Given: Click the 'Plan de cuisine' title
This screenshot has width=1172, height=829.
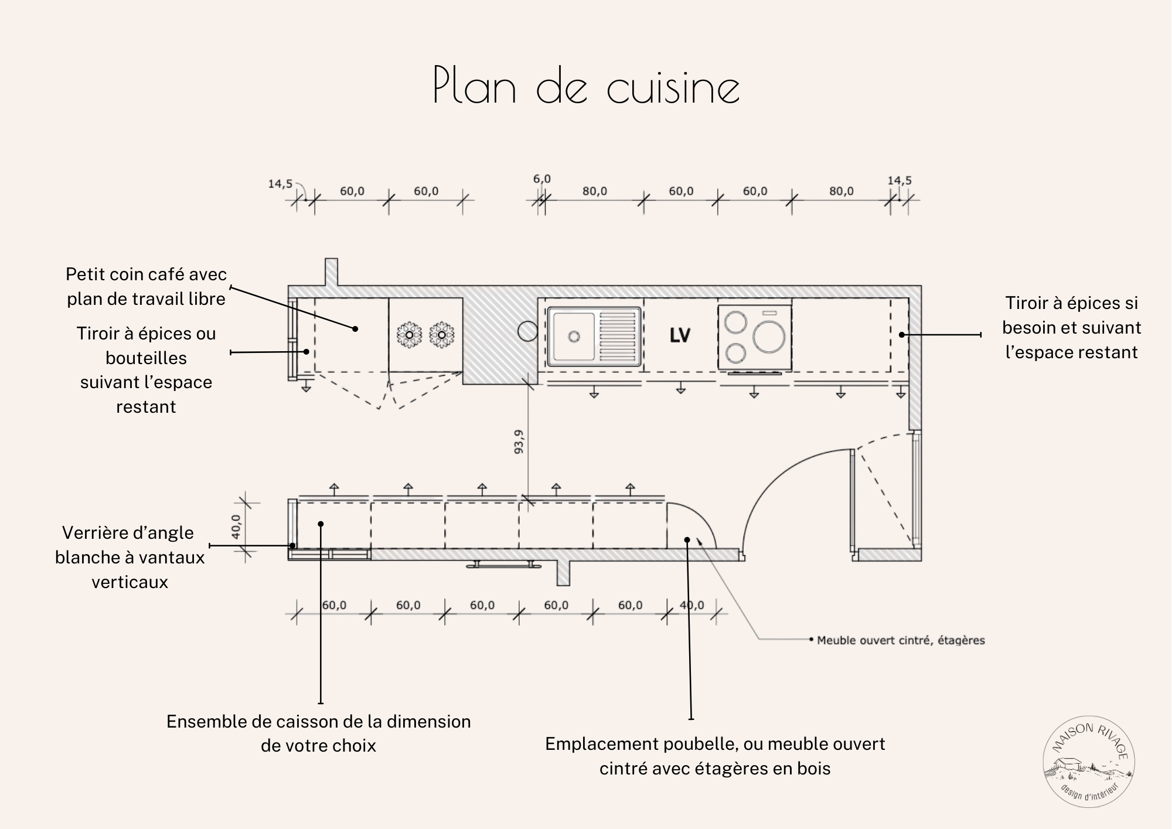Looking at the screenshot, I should (x=586, y=87).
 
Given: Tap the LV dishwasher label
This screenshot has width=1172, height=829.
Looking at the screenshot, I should (x=680, y=335).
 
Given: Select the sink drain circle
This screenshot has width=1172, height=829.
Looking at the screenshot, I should (x=574, y=336).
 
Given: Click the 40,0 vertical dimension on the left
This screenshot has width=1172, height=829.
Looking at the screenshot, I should (x=236, y=526).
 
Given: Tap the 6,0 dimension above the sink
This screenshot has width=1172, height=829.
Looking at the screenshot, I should (x=541, y=179).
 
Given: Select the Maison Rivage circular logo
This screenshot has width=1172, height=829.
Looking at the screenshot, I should (x=1089, y=762).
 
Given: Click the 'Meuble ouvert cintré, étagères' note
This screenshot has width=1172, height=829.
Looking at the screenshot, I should (x=901, y=640).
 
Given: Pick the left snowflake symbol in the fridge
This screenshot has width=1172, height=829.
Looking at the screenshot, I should (x=409, y=335).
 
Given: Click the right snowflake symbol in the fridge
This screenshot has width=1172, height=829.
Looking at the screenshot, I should (x=442, y=335).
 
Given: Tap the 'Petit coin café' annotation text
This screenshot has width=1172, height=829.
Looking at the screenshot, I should (x=146, y=287).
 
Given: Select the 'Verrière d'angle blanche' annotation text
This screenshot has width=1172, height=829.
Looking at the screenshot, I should (x=130, y=557).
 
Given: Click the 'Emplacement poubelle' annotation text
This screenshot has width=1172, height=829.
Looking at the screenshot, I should (x=715, y=756).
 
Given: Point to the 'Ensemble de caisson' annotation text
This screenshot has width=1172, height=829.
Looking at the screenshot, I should (x=318, y=733).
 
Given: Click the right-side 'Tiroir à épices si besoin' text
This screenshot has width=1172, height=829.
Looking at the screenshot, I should (x=1071, y=328).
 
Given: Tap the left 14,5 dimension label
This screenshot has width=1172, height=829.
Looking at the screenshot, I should (x=280, y=184).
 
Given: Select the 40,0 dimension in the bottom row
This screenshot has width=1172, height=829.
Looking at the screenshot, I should (x=692, y=605).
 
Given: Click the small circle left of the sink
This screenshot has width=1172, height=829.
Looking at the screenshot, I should (x=527, y=331).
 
